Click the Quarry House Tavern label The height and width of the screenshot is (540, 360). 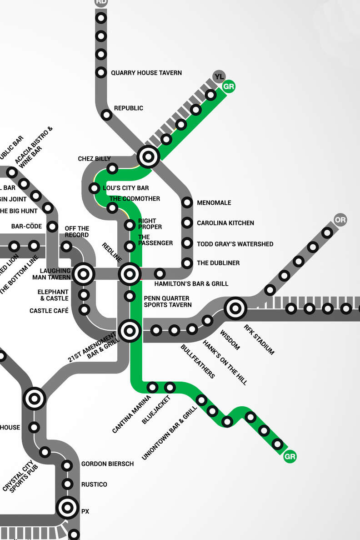146,73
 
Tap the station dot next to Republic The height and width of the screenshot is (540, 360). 107,115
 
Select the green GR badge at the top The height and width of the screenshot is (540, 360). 229,86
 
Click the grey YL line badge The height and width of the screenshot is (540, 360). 219,76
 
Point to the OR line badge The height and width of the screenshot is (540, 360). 340,220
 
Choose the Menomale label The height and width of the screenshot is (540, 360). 214,203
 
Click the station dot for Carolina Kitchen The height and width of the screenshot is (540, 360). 187,223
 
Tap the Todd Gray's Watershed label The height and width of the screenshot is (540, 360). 235,244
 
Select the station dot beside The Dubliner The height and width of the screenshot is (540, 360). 187,263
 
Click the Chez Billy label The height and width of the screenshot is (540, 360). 94,159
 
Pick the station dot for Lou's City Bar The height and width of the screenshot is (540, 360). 95,188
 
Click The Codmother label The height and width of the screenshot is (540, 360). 135,199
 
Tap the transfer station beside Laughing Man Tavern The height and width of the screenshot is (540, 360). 84,274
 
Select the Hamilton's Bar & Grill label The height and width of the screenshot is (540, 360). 191,284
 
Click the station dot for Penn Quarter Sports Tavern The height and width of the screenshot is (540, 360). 130,296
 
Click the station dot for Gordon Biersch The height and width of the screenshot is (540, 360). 67,465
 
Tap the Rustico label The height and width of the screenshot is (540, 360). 94,484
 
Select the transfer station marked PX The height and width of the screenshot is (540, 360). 67,507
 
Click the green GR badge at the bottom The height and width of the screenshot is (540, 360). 290,457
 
